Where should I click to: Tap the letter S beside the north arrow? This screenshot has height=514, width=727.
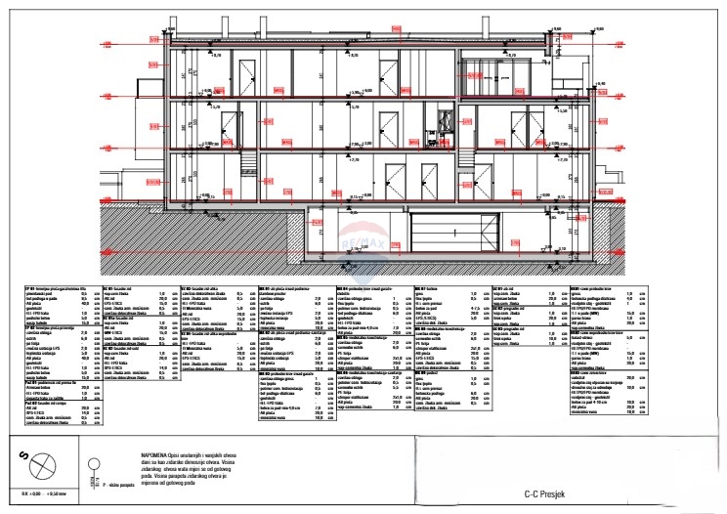[x=22, y=455]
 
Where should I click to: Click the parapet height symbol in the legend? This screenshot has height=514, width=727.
[x=94, y=467]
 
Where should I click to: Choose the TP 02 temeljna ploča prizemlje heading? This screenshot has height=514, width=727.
[x=50, y=327]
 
